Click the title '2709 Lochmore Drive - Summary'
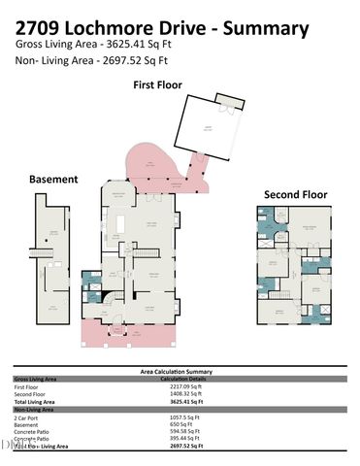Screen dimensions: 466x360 pos(163,28)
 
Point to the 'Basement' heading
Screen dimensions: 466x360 pos(53,180)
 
